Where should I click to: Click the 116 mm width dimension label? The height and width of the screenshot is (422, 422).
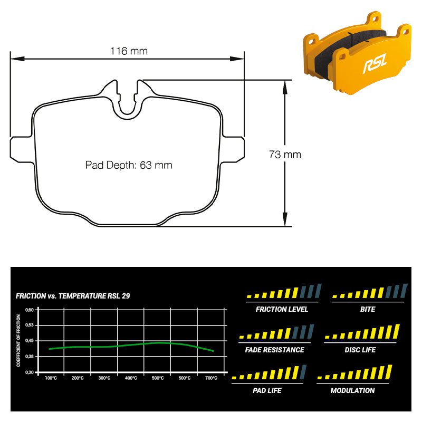(x=129, y=51)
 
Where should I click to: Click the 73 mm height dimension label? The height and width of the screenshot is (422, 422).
(x=285, y=155)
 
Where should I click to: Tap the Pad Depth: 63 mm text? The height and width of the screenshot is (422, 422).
(x=129, y=165)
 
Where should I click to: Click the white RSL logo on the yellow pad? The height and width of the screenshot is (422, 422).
(x=375, y=63)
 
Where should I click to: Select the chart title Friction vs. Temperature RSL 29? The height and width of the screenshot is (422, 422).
(x=73, y=296)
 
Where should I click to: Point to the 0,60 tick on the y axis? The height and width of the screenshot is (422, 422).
(x=30, y=310)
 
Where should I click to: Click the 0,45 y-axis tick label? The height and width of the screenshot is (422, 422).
(x=30, y=341)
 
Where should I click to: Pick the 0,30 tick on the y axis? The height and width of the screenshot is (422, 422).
(x=30, y=372)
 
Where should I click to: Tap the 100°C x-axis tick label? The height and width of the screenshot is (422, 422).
(x=51, y=378)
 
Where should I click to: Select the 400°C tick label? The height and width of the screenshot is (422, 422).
(x=131, y=378)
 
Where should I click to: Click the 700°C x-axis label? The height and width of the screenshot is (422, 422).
(x=212, y=378)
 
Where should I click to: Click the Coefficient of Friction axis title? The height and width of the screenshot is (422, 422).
(x=18, y=340)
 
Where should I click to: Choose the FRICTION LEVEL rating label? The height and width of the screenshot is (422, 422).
(x=282, y=309)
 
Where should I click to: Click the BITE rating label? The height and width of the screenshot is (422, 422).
(x=368, y=309)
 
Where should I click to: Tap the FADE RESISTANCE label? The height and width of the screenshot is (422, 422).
(x=274, y=350)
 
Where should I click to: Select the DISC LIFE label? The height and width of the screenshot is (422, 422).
(x=360, y=350)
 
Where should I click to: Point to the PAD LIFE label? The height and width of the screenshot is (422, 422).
(x=267, y=390)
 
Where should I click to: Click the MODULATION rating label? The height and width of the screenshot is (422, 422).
(x=352, y=390)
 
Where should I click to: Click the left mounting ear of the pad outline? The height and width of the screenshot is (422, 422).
(x=22, y=149)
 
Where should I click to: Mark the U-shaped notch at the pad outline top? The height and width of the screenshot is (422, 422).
(x=127, y=100)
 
